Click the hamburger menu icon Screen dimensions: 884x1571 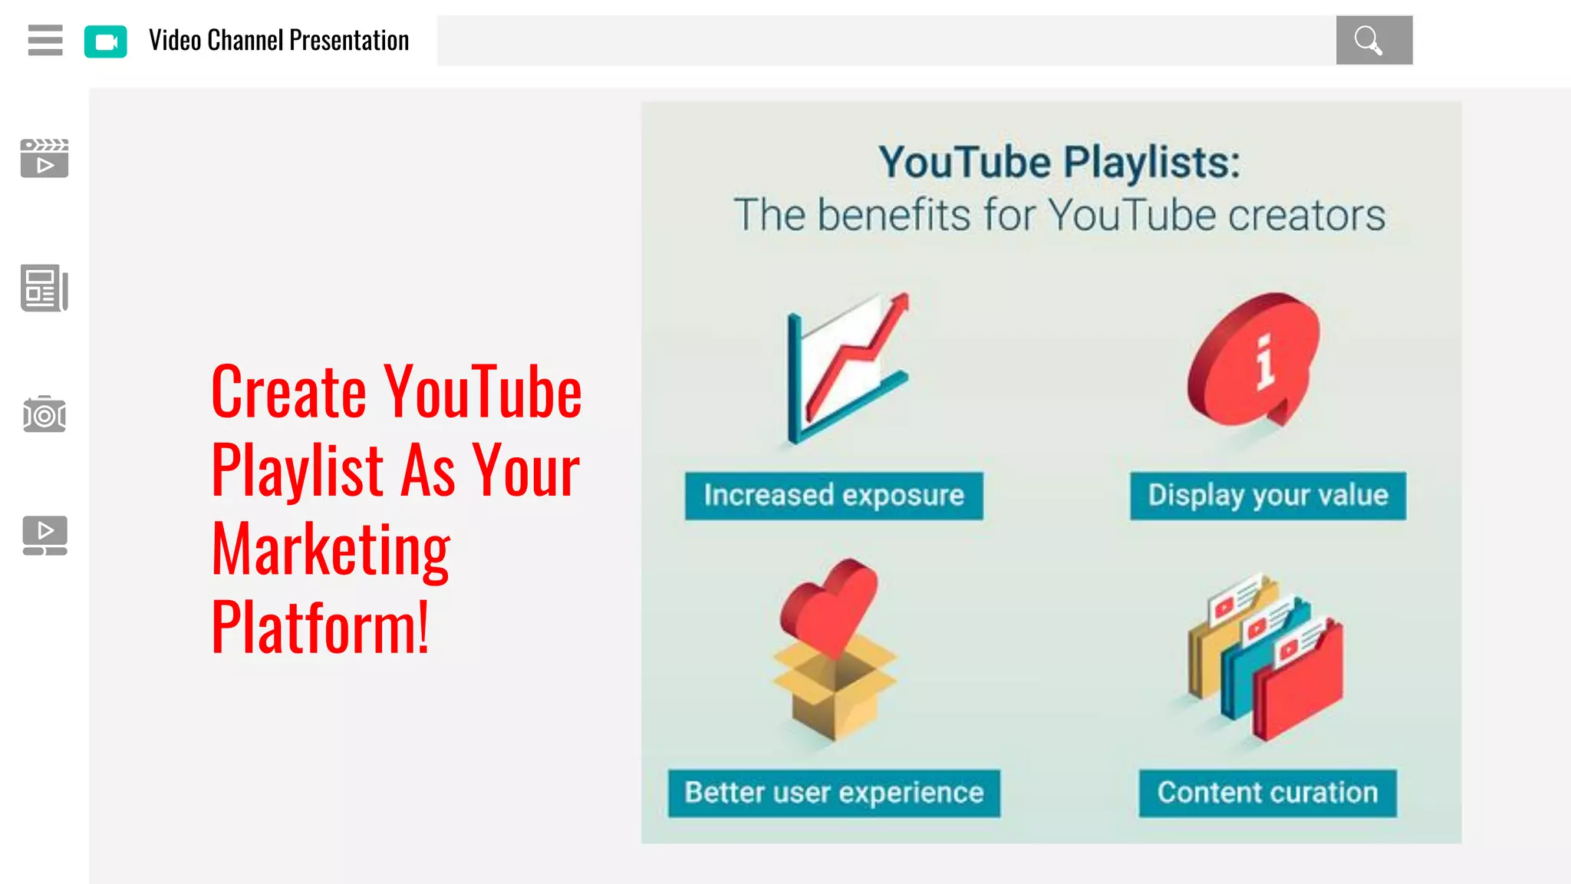coord(45,40)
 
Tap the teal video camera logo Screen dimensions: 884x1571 coord(106,41)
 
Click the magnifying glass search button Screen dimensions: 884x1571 coord(1373,40)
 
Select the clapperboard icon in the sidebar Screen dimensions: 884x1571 coord(44,158)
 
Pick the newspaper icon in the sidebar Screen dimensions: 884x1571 coord(44,289)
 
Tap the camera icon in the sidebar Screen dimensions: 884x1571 coord(44,414)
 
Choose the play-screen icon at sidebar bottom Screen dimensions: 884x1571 coord(44,535)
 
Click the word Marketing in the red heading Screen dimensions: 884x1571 coord(331,549)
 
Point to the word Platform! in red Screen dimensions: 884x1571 coord(321,628)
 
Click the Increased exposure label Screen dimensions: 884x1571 coord(834,496)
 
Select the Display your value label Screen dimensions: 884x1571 coord(1268,496)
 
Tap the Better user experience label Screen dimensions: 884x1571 coord(834,793)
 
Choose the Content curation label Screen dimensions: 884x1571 coord(1267,793)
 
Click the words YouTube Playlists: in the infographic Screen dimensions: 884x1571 coord(1059,163)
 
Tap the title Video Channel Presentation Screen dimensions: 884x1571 coord(279,41)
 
